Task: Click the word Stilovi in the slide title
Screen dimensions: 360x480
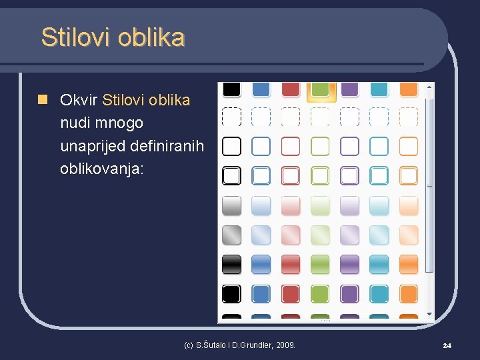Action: [75, 37]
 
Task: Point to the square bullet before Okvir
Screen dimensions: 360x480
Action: [42, 100]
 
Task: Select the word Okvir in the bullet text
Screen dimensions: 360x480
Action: [79, 100]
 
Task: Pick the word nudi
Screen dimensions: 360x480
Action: [73, 123]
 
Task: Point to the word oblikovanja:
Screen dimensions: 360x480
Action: [101, 169]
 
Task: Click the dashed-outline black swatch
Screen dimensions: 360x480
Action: [231, 117]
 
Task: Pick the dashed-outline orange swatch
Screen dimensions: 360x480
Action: [408, 117]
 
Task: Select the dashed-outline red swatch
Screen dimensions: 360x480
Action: [291, 117]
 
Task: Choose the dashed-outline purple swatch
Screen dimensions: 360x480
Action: [349, 117]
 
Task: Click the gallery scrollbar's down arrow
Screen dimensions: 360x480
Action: [430, 313]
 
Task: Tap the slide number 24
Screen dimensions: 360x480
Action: [447, 345]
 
